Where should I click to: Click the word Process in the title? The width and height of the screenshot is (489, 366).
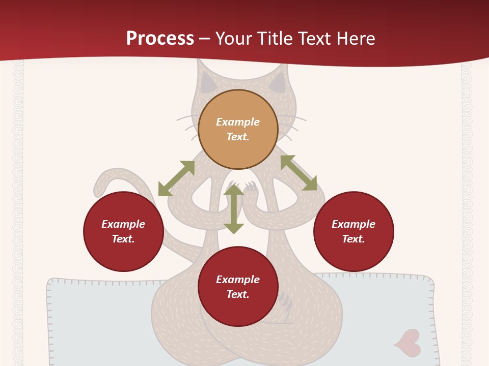[x=160, y=39]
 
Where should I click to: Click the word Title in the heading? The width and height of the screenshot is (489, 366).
[x=275, y=39]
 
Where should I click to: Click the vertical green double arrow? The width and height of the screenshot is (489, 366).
[x=234, y=209]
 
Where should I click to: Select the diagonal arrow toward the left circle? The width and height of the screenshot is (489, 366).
[x=176, y=178]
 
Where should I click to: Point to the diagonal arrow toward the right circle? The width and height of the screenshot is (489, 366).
[x=298, y=173]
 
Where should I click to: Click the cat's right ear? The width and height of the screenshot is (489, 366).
[x=278, y=83]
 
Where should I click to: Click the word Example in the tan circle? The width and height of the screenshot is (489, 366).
[x=238, y=122]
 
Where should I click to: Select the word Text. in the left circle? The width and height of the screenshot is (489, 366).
[x=123, y=239]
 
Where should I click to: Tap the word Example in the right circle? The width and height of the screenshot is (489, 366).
[x=354, y=224]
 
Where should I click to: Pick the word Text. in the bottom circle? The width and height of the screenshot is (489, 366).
[x=238, y=294]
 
